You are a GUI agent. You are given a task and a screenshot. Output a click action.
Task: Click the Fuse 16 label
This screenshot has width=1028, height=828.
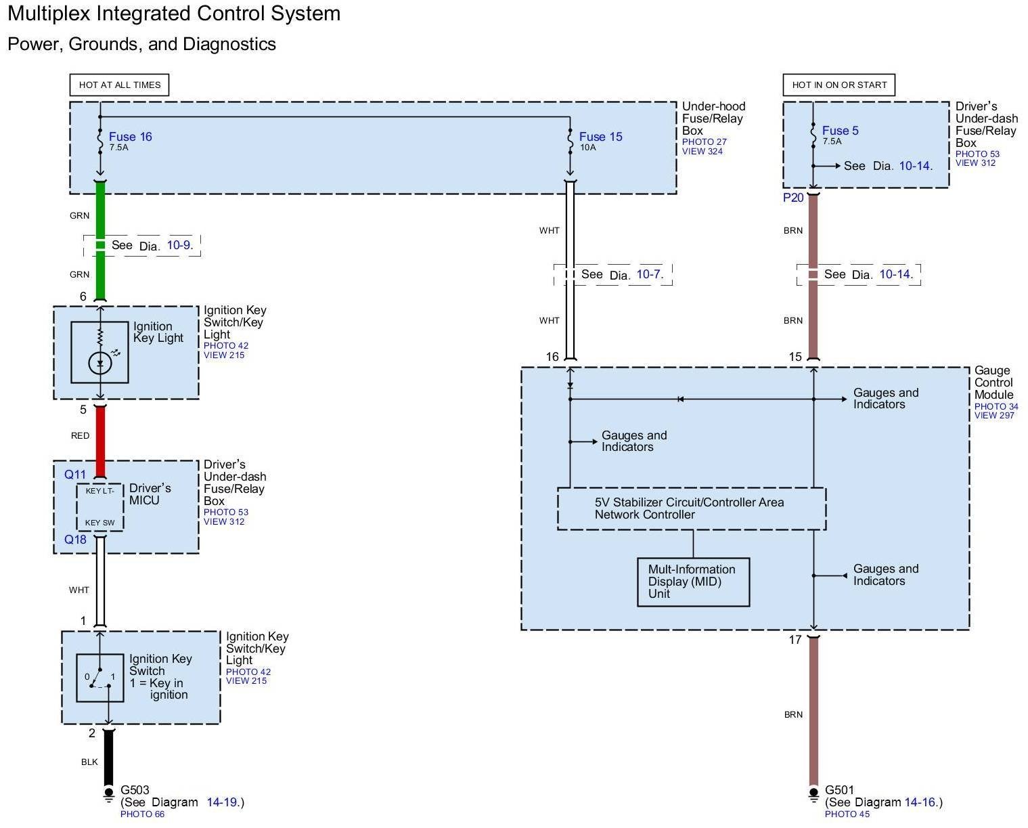[x=130, y=137]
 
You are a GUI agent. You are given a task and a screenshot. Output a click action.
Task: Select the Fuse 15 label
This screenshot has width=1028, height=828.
[x=600, y=137]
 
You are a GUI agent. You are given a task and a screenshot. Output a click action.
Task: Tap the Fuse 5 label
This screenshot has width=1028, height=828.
[x=840, y=131]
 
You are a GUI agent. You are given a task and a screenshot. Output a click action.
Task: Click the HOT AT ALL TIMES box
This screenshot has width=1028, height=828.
[x=119, y=85]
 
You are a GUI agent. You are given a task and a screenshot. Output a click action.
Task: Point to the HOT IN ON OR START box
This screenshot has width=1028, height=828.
[x=839, y=85]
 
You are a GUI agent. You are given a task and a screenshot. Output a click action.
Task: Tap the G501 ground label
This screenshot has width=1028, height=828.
[x=839, y=789]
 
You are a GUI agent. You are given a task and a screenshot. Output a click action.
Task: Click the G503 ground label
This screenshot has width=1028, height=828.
[x=135, y=789]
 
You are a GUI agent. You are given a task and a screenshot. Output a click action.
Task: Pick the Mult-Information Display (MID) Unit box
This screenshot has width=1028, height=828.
[x=693, y=582]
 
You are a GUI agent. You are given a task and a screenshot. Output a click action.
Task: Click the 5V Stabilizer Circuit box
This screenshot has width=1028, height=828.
[x=691, y=508]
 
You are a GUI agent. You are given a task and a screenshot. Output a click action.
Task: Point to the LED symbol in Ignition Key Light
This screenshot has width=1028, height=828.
[x=100, y=364]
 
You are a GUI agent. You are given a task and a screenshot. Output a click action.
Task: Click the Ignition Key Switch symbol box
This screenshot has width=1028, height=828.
[x=100, y=677]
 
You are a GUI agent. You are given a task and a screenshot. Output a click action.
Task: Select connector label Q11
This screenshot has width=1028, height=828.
[x=75, y=475]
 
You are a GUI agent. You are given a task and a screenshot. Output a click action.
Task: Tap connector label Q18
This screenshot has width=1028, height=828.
[x=75, y=540]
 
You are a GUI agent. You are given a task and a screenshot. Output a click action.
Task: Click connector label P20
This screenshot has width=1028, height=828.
[x=793, y=198]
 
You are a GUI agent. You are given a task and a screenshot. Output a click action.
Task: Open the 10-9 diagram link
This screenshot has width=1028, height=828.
[x=179, y=245]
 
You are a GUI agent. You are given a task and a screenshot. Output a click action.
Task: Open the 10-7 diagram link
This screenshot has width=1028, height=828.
[x=649, y=274]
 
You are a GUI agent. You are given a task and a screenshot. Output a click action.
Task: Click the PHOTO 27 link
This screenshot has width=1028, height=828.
[x=704, y=142]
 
